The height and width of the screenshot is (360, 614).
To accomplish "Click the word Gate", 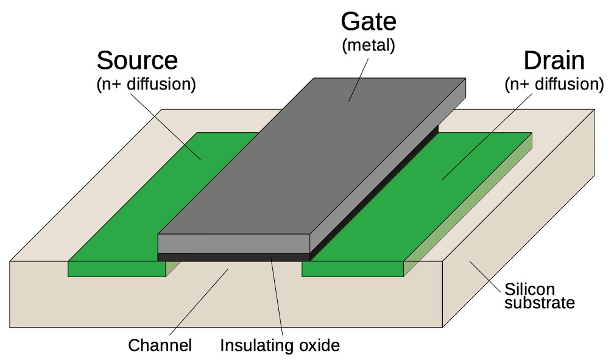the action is (369, 21).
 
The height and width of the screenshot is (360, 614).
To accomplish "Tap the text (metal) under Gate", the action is (369, 46).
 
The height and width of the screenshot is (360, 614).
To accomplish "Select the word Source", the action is (137, 60).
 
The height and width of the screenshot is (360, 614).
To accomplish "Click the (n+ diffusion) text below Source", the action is (146, 84).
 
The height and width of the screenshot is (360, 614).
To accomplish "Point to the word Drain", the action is (554, 61).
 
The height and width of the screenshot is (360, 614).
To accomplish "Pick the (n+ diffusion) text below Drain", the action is (554, 84).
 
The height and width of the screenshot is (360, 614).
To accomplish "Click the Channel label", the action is (160, 345).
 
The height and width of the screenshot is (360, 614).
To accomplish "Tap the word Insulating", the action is (257, 345).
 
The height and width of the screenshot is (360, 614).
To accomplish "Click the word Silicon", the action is (529, 289).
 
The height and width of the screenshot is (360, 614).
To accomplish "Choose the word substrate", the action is (539, 303).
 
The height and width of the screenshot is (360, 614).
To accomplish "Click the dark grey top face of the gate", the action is (312, 157).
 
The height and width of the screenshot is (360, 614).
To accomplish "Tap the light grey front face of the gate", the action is (234, 244).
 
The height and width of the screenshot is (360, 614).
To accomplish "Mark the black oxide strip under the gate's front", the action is (234, 257).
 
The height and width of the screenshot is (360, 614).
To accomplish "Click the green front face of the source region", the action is (117, 269).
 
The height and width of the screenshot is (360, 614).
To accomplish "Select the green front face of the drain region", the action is (353, 269).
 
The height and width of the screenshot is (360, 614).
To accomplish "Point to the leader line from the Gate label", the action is (359, 80).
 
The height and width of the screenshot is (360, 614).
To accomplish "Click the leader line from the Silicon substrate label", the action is (485, 277).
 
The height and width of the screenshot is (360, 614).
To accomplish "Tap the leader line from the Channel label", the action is (199, 302).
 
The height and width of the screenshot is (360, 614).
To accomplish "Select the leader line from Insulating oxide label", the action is (277, 296).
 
